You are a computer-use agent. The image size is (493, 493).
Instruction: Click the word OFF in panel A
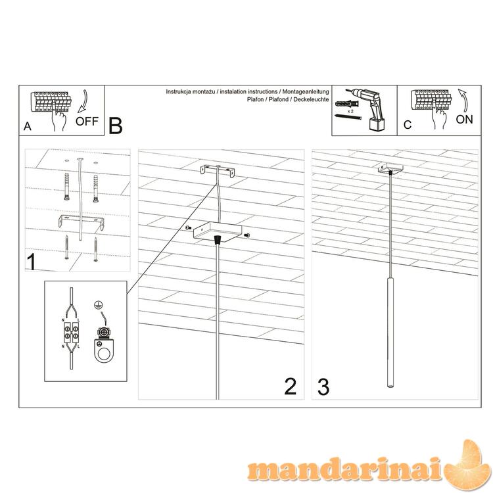coord(87,121)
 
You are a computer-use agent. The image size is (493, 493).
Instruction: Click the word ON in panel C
coord(464,120)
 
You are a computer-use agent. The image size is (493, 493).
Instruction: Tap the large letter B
coord(116,126)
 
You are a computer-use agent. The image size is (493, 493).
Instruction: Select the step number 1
coord(32,262)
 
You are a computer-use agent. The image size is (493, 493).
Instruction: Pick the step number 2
coord(290,387)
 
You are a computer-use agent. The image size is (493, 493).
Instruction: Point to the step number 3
coord(323,387)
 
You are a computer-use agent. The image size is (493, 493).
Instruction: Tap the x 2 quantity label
coord(351,111)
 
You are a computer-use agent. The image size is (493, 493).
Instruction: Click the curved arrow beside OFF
coord(83,101)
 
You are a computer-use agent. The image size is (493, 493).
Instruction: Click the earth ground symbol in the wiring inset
coord(98,304)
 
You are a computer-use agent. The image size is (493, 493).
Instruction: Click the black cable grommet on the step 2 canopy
coord(217,240)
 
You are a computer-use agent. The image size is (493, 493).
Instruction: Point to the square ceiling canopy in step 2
coord(218,231)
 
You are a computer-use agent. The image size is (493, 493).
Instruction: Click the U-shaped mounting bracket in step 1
coord(82,222)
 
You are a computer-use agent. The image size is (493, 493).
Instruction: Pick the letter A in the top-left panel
coord(28,126)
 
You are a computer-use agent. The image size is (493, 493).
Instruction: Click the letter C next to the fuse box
coord(408,125)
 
